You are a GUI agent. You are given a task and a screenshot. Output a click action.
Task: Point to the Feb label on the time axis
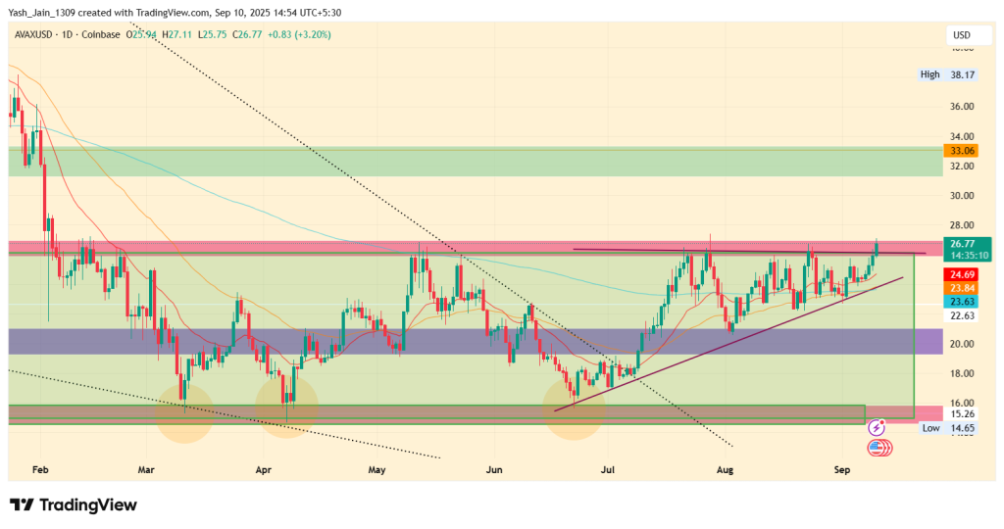pyautogui.click(x=40, y=470)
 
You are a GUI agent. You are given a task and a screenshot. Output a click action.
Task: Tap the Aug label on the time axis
pyautogui.click(x=725, y=470)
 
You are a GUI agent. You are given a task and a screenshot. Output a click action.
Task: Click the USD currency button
pyautogui.click(x=960, y=35)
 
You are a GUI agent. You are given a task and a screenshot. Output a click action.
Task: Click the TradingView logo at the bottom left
pyautogui.click(x=74, y=505)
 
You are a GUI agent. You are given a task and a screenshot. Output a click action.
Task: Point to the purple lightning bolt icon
pyautogui.click(x=878, y=429)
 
